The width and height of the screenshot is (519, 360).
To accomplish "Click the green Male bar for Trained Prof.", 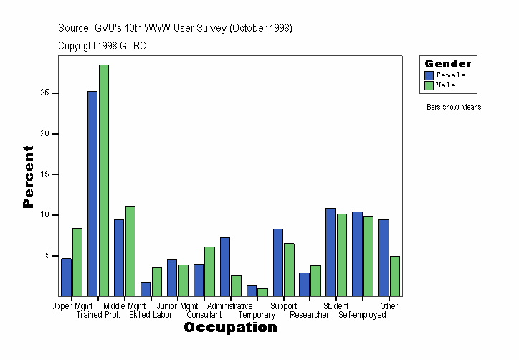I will point(104,180).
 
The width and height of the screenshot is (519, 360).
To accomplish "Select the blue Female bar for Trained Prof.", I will point(92,194).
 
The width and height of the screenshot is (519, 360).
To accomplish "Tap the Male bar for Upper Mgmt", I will point(77,262).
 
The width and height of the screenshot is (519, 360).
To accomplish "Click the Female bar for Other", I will point(384,257).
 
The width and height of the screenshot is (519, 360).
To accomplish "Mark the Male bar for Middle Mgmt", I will point(130,251).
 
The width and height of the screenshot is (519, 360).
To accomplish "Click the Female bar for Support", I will point(278,262).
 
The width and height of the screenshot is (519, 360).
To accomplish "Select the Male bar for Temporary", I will point(262,292).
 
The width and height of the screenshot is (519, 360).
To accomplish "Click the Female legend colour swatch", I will point(429,75).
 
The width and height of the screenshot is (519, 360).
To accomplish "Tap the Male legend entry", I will point(445,85).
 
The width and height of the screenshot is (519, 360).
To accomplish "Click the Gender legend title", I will point(448,64).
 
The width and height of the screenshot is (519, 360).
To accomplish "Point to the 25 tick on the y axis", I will point(54,93).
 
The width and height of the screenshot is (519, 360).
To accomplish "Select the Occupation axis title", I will point(230,328).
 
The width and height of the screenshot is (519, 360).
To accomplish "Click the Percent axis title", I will point(28,176).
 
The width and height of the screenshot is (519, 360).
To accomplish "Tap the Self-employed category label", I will point(362,315).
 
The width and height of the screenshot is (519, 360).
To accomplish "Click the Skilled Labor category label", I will point(151,315).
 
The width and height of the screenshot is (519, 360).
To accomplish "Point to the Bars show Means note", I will point(454,108).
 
